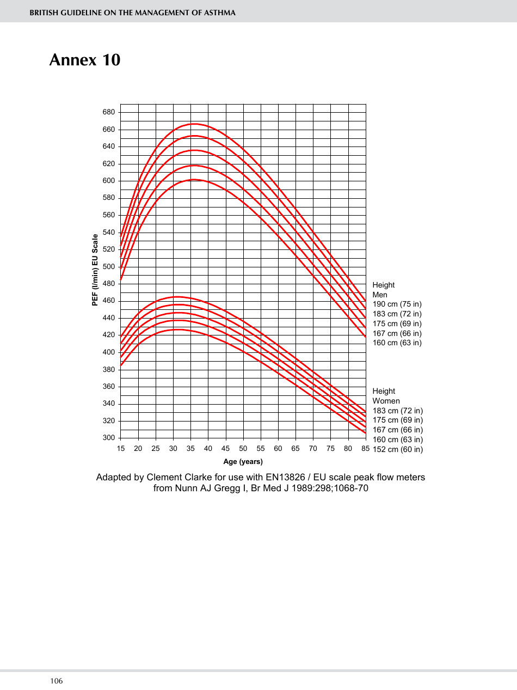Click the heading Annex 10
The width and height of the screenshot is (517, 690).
(84, 59)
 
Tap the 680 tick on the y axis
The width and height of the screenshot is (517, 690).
(109, 112)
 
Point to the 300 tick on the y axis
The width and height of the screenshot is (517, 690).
(109, 438)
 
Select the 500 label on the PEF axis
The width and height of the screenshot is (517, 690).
(109, 267)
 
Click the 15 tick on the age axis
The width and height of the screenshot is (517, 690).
(121, 449)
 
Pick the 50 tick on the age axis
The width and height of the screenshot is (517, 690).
(243, 449)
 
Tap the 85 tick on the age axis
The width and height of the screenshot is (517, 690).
(365, 449)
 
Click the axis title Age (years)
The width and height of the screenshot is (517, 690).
(243, 462)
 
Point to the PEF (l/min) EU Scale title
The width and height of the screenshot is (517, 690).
(95, 270)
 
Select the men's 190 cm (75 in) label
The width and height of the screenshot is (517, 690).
(397, 304)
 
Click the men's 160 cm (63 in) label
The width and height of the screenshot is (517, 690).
(397, 343)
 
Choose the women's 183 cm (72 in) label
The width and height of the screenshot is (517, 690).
(398, 411)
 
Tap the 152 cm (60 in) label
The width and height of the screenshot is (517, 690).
(398, 449)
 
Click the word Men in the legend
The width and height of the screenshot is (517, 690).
(380, 295)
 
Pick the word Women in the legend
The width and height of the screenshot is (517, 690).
(386, 401)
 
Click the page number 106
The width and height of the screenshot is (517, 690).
(57, 681)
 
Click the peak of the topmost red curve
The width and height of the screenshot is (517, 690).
(193, 124)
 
